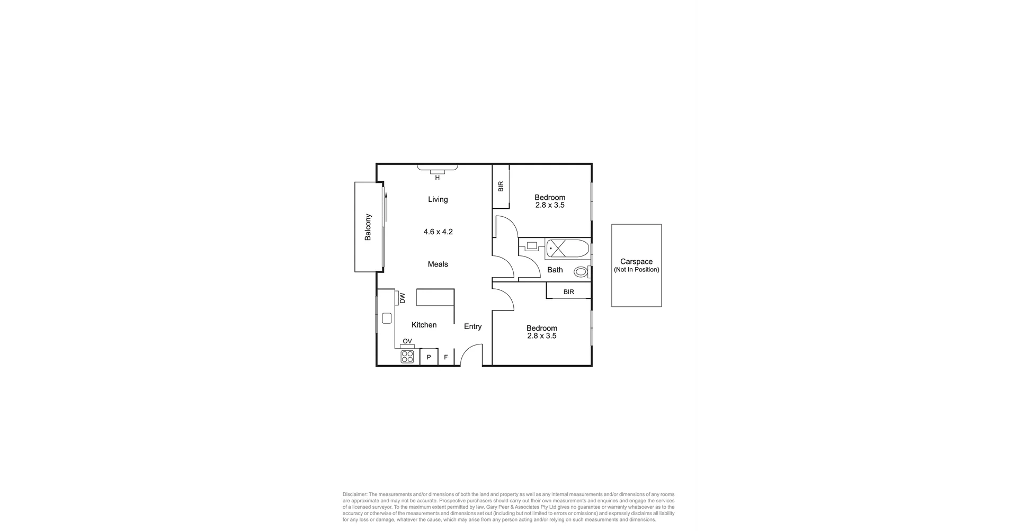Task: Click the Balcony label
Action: [x=368, y=227]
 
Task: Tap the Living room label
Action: [x=438, y=200]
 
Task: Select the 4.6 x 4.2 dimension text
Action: [x=438, y=232]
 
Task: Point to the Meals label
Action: [x=438, y=264]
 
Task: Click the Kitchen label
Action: [x=424, y=325]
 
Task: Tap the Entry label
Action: [x=473, y=326]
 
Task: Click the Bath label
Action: [x=555, y=270]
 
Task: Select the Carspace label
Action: [x=636, y=261]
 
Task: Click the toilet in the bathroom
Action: [x=581, y=272]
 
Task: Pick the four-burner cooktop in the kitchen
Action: [x=407, y=357]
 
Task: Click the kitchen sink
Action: [x=387, y=318]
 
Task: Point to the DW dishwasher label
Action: [x=402, y=298]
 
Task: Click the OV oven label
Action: [x=407, y=341]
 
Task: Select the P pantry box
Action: [x=429, y=357]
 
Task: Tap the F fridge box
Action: [x=446, y=357]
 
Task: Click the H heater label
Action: [x=438, y=178]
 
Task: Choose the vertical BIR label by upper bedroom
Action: [x=501, y=187]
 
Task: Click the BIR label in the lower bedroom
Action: [x=569, y=291]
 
